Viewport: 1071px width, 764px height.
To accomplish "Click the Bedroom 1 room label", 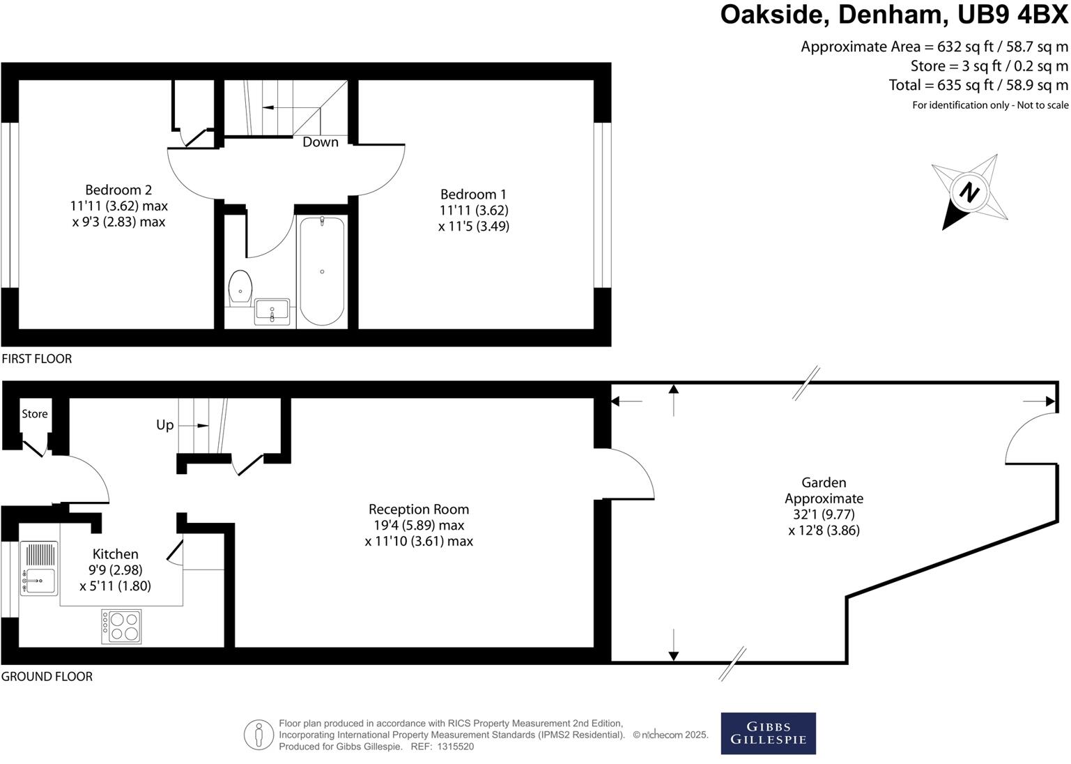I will (473, 194).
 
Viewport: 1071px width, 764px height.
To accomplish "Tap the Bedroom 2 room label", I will (118, 190).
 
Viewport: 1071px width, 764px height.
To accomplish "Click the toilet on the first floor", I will (240, 287).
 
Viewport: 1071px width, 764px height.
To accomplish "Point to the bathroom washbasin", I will (272, 311).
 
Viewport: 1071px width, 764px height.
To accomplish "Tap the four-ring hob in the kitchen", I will (122, 626).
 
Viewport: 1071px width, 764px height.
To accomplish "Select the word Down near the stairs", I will (321, 142).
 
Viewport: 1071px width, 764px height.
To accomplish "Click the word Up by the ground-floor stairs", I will (165, 425).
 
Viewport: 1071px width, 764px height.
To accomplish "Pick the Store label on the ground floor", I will (35, 414).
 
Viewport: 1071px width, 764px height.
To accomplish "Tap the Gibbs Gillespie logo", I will (768, 733).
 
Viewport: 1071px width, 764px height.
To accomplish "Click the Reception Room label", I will (419, 510).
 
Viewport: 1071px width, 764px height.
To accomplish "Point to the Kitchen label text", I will (116, 554).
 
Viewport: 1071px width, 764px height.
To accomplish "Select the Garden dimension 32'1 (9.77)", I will (824, 514).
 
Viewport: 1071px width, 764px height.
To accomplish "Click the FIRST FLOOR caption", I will (37, 359).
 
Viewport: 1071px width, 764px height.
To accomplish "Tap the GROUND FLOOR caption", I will (47, 676).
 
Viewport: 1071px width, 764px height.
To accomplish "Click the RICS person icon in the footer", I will (259, 735).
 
